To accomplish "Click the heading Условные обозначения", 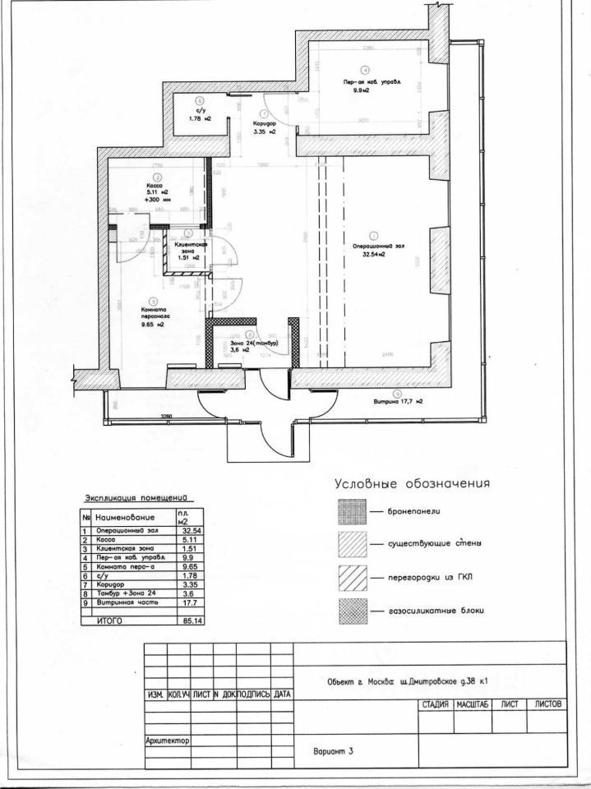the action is [x=411, y=483].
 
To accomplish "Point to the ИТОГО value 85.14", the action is [x=190, y=621].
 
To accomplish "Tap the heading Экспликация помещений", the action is [x=138, y=498].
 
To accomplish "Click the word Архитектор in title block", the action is [x=167, y=741].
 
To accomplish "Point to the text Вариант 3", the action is [x=332, y=751].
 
